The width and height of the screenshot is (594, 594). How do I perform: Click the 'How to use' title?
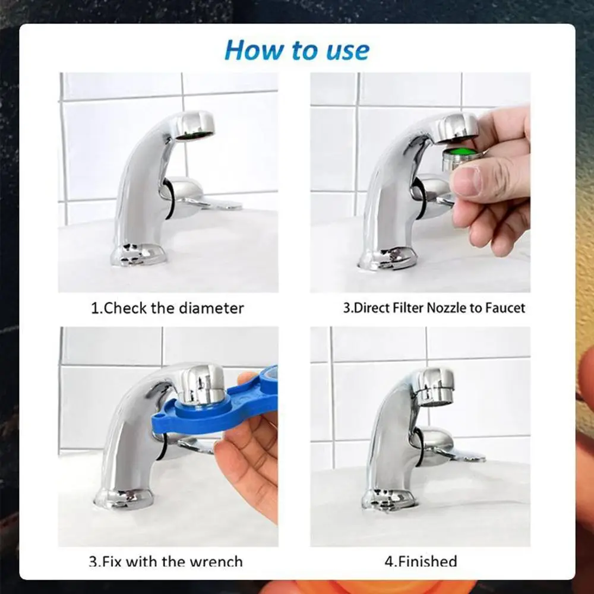pos(296,50)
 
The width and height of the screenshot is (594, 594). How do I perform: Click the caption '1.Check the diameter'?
pos(167,308)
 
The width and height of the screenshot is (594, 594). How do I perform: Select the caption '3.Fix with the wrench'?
pos(166,560)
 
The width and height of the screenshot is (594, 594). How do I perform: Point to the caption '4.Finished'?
pos(419,560)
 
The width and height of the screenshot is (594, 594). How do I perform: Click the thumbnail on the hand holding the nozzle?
pos(467,181)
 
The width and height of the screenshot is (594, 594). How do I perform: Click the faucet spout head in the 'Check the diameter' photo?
pos(193,126)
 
